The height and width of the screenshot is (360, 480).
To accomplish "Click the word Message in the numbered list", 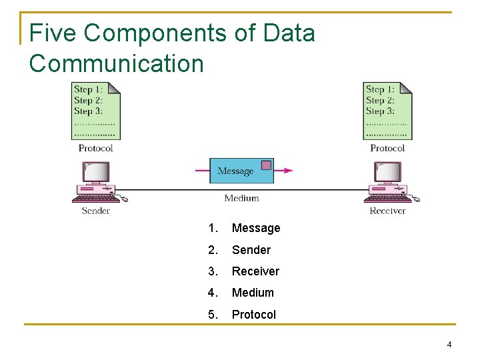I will tap(256, 228).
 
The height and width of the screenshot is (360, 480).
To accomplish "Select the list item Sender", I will tap(251, 250).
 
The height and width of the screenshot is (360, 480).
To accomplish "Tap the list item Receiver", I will tap(255, 271).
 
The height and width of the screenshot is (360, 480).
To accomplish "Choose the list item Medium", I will tap(253, 293).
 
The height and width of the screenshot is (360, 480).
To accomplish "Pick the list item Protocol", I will tap(253, 315).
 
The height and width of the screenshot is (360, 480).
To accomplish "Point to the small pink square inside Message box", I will tap(266, 165).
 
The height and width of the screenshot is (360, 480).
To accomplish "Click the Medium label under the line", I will tap(241, 198).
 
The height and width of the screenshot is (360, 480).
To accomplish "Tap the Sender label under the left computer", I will tap(95, 211).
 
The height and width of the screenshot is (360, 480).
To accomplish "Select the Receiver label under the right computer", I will tap(387, 211).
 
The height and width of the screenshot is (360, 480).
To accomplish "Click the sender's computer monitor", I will tap(96, 172).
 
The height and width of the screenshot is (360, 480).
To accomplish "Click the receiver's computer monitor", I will tap(387, 172).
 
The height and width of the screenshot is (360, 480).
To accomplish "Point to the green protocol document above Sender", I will tap(96, 111).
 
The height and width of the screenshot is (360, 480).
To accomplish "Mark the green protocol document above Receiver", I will tap(387, 111).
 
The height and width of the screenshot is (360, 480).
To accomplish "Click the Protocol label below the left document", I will tap(96, 148).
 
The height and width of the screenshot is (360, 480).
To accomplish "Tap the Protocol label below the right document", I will tap(387, 148).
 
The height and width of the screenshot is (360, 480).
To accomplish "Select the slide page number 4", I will tap(449, 345).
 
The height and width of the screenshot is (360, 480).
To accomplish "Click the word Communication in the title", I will tap(117, 64).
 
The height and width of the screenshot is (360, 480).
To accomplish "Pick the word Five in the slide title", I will tap(53, 33).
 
